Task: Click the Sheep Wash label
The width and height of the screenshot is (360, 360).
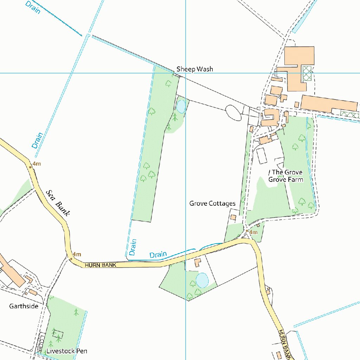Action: pos(194,69)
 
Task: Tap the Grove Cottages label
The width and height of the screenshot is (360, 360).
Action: pos(212,204)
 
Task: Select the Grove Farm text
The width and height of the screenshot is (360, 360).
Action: pos(285,180)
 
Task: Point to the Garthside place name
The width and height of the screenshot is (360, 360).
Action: pos(24,306)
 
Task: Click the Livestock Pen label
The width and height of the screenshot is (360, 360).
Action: pos(67,351)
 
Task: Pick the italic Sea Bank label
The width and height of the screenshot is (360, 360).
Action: pos(59,202)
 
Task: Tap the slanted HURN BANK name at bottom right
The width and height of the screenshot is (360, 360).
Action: pos(285,345)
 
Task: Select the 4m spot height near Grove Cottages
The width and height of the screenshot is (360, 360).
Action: pos(252,232)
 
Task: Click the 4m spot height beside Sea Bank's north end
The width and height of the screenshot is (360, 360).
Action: pos(37,164)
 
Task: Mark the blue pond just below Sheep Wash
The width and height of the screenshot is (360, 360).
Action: pos(181,106)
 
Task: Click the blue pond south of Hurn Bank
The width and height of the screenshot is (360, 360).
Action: pos(202,280)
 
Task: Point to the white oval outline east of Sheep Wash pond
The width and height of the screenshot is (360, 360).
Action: pos(233,112)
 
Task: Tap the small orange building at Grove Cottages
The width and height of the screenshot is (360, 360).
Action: pos(233,218)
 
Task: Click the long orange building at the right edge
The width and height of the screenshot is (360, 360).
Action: pos(329,104)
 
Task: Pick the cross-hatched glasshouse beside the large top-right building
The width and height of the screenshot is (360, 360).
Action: pos(307,73)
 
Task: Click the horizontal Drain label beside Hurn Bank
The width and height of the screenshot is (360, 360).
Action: pos(158,255)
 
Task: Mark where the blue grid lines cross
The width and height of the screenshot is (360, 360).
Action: pos(186,73)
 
